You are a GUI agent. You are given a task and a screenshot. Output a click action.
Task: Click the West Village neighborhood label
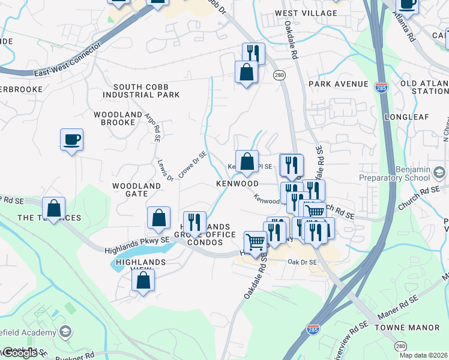[x=306, y=13]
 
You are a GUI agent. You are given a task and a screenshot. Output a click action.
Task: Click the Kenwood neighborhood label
[x=238, y=184]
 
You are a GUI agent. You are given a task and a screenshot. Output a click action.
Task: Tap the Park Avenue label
[x=338, y=84]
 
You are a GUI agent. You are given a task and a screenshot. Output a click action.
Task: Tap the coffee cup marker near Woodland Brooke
[x=71, y=140]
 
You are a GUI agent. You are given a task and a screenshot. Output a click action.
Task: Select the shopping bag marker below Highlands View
[x=143, y=280]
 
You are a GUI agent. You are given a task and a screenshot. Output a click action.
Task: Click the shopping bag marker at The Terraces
[x=54, y=208]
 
